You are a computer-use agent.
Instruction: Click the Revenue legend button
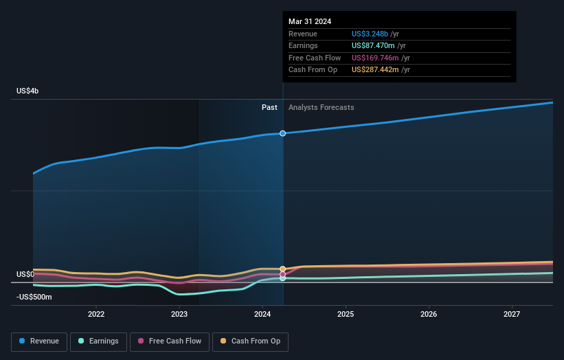[39, 341]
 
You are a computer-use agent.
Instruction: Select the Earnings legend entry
[98, 341]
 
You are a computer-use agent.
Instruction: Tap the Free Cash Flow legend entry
[170, 341]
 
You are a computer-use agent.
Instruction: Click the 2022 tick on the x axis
[96, 314]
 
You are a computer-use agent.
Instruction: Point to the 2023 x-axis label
[179, 314]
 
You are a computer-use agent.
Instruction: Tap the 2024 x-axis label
[262, 314]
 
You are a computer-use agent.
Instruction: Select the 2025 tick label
[346, 314]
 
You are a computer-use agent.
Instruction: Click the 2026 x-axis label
[429, 314]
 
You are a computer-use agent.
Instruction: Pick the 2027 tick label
[512, 314]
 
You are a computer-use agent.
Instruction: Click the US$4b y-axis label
[28, 91]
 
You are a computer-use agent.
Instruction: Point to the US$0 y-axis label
[25, 274]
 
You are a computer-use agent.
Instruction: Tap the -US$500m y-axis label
[34, 297]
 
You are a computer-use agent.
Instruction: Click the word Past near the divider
[269, 107]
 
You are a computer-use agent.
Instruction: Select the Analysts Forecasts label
[322, 107]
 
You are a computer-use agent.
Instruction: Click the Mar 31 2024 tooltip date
[310, 21]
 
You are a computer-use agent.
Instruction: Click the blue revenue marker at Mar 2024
[282, 133]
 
